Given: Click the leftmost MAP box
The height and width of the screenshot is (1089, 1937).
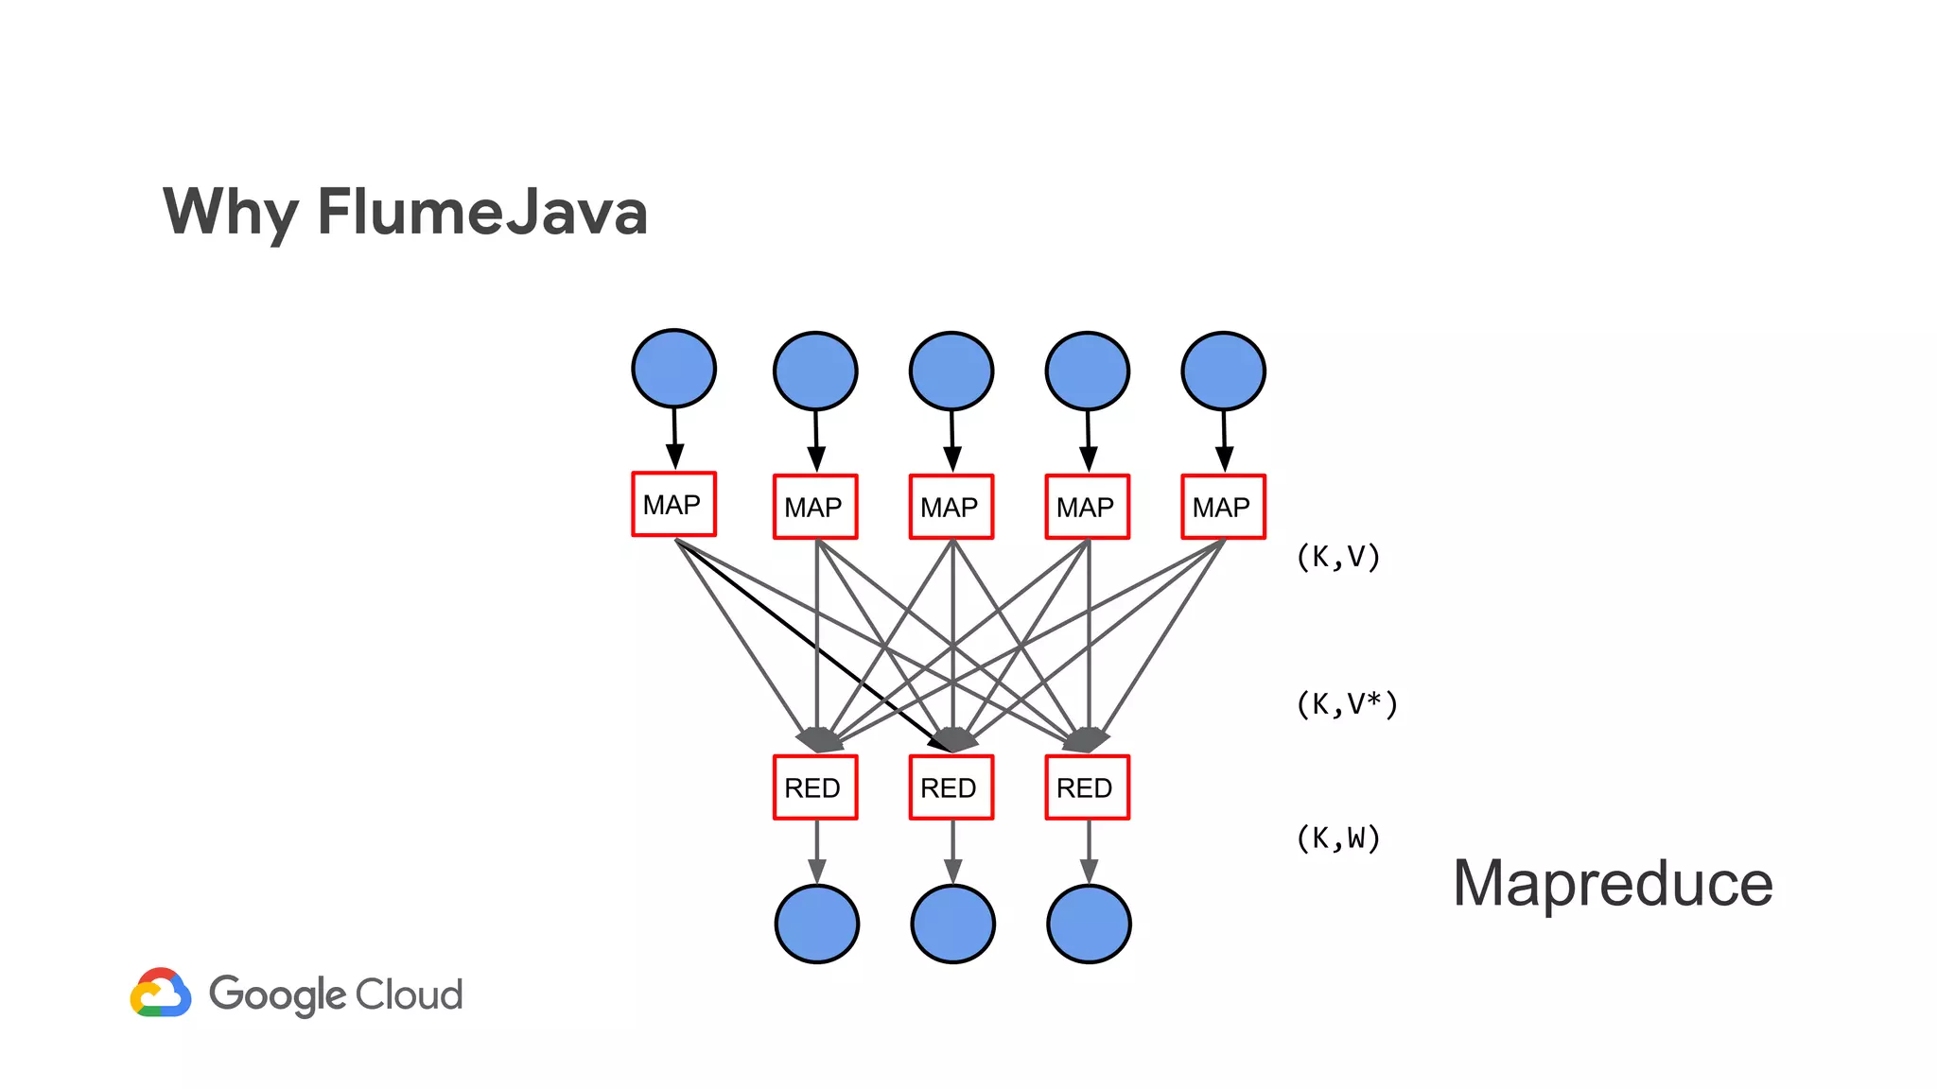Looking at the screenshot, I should pos(673,504).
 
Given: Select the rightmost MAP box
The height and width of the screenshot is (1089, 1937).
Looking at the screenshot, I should pos(1223,507).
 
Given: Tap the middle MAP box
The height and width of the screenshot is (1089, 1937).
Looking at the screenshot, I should pos(951,507).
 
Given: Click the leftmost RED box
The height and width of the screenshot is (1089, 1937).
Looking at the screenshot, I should pos(814,786).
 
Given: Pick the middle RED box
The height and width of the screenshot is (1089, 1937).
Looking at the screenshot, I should pos(951,786).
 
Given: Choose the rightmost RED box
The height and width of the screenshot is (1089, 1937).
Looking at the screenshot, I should pos(1087,786).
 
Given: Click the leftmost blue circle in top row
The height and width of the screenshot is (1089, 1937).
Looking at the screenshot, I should pos(673,369).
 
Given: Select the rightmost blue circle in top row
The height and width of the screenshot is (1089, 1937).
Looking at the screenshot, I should pos(1223,371).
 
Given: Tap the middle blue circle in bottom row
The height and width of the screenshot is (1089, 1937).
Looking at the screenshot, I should pos(952,924).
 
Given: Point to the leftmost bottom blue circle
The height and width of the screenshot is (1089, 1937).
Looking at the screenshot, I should pos(816,924).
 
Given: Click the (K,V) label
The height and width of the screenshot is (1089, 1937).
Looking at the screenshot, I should pos(1338,557).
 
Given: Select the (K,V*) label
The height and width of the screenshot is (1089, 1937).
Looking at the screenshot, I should pos(1347,704).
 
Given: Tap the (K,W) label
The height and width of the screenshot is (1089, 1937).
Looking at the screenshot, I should pos(1338,838).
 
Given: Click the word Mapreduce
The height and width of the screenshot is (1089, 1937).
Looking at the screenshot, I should pos(1613,884).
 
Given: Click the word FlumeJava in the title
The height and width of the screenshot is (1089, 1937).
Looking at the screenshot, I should pos(482,212).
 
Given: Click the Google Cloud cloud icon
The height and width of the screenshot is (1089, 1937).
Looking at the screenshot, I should pos(161,993).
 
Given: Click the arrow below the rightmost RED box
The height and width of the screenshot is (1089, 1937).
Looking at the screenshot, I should pos(1089,852).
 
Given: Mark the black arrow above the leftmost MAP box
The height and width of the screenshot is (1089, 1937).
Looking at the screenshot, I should pos(674,440).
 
